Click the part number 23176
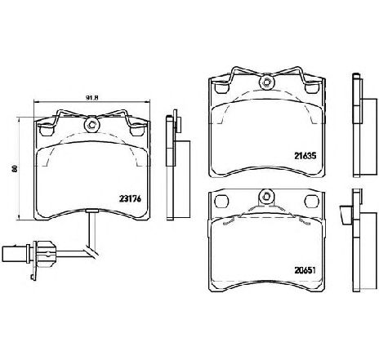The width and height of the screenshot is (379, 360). tap(131, 199)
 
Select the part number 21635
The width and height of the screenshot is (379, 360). tap(305, 156)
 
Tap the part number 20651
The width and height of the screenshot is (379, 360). tap(305, 270)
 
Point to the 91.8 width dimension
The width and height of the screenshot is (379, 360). tap(91, 98)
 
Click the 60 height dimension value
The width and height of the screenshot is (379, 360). tap(15, 168)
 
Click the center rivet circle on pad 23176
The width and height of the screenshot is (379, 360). tap(92, 125)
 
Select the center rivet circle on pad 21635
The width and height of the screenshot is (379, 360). tap(267, 82)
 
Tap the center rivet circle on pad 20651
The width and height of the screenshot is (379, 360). tap(266, 196)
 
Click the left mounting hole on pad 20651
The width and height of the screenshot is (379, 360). tap(221, 201)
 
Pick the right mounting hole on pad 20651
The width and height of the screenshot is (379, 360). tap(311, 201)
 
